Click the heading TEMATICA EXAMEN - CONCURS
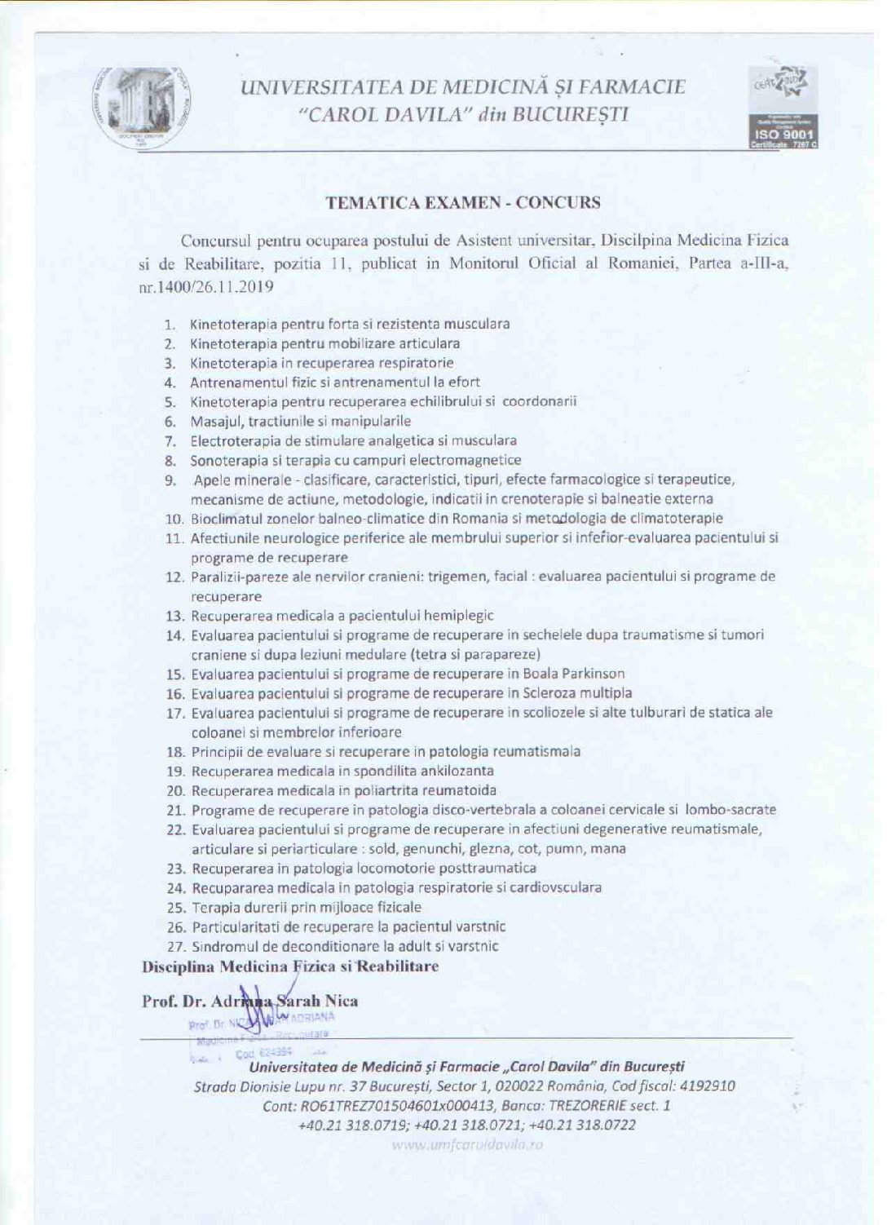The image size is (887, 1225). (x=463, y=203)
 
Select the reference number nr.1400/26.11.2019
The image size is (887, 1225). (x=205, y=287)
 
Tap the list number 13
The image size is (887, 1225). (x=176, y=617)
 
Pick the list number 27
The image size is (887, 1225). (x=177, y=947)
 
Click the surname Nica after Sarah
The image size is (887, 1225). (x=342, y=1001)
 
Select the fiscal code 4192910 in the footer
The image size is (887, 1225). (x=708, y=1086)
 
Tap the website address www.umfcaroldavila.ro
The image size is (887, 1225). (x=467, y=1144)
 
